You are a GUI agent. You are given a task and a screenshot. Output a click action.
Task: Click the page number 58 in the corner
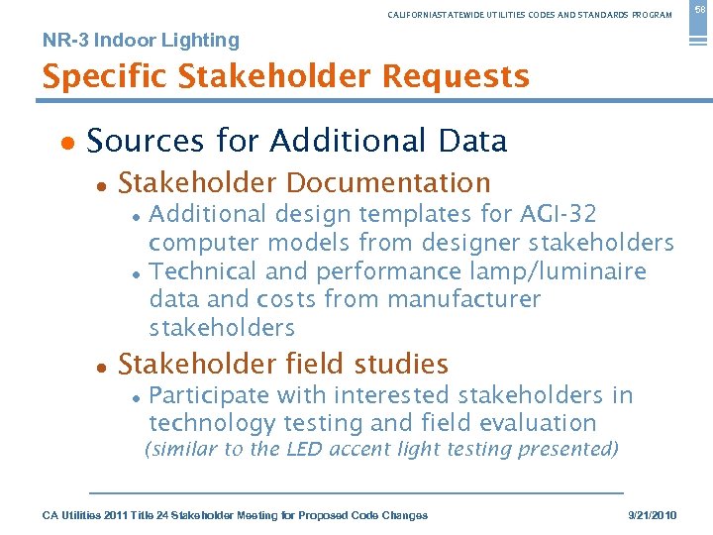[x=698, y=11]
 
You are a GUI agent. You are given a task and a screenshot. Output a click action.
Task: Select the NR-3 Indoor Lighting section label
[x=141, y=41]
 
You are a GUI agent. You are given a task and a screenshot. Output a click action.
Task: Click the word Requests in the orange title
[x=456, y=76]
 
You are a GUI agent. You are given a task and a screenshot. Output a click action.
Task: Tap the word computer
[x=200, y=243]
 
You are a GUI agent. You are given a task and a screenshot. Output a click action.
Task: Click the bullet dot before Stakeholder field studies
[x=101, y=367]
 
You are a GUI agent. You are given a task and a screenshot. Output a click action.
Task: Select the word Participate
[x=211, y=395]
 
